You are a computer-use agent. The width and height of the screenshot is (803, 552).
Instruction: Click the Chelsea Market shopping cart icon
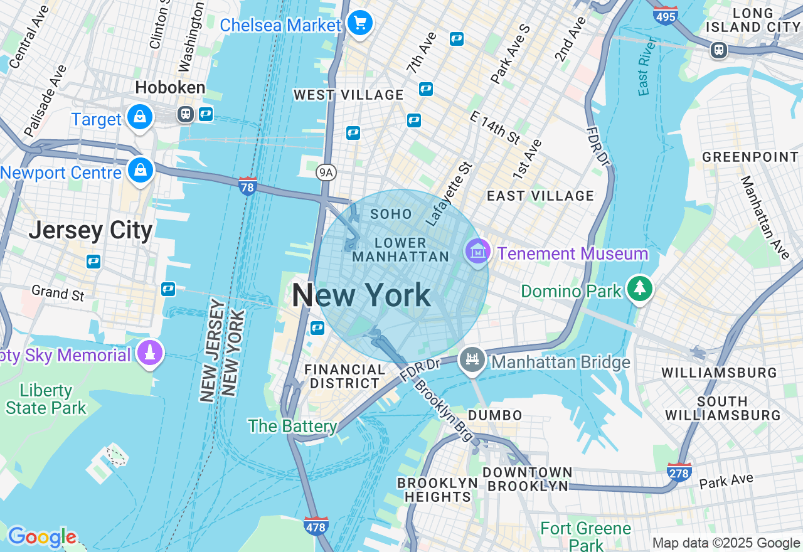(360, 24)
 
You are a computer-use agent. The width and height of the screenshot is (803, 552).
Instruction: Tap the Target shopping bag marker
(140, 117)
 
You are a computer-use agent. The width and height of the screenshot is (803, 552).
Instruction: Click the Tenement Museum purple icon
(477, 252)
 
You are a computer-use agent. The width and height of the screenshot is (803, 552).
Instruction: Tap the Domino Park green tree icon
(639, 289)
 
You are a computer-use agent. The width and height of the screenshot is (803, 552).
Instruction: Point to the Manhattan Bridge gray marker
(472, 360)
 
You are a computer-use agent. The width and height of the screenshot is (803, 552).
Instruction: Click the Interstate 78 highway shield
(248, 186)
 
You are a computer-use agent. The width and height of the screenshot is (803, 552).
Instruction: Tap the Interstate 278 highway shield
(679, 472)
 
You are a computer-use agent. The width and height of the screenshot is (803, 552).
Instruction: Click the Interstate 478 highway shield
(316, 526)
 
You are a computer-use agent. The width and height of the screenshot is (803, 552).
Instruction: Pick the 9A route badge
(325, 172)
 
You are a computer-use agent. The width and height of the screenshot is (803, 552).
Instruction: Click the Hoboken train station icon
(185, 114)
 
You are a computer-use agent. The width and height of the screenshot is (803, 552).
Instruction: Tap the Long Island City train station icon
(719, 50)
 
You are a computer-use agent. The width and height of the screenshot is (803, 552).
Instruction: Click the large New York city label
(361, 295)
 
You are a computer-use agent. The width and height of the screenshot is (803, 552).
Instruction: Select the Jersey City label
(90, 230)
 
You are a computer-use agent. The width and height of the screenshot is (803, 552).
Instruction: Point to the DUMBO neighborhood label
(495, 415)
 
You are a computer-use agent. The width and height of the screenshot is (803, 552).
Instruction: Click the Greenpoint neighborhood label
(750, 157)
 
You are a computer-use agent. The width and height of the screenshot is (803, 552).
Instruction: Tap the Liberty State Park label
(46, 399)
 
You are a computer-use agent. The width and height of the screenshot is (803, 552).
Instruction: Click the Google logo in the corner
(41, 538)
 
